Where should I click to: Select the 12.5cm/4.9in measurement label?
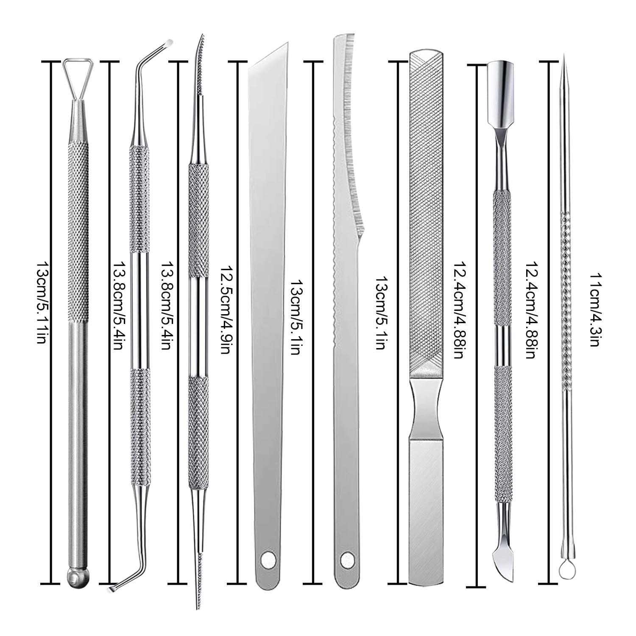tap(225, 312)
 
